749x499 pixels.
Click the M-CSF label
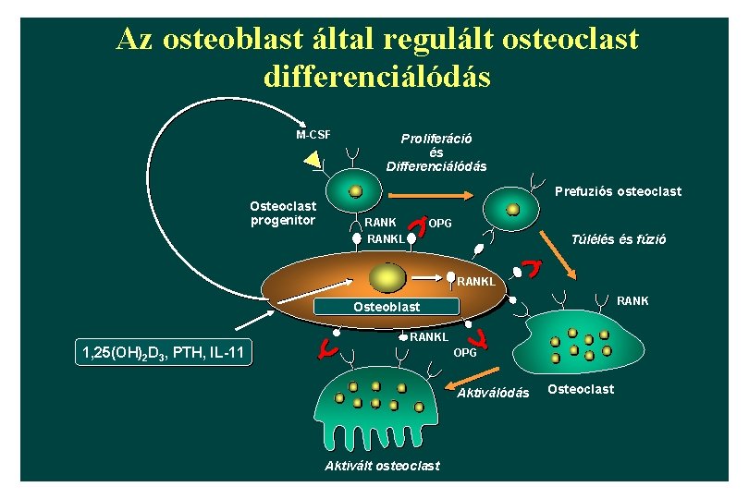click(313, 135)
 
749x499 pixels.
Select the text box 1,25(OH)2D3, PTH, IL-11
click(162, 352)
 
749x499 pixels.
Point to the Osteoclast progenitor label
click(283, 213)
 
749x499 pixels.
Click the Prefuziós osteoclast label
click(617, 191)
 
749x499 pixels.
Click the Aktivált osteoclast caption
click(382, 465)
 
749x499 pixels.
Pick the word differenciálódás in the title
click(376, 76)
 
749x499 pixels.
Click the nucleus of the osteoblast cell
click(386, 276)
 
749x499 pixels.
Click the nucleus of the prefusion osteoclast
click(512, 210)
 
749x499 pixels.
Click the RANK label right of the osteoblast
click(632, 300)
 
